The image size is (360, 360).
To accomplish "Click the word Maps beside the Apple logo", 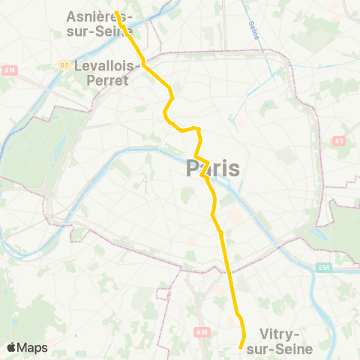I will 34,347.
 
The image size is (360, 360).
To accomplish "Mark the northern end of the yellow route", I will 116,12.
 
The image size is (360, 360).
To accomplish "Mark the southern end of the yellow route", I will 240,348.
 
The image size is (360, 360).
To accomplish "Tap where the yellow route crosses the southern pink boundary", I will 227,268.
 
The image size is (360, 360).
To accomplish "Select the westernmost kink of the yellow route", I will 165,114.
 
